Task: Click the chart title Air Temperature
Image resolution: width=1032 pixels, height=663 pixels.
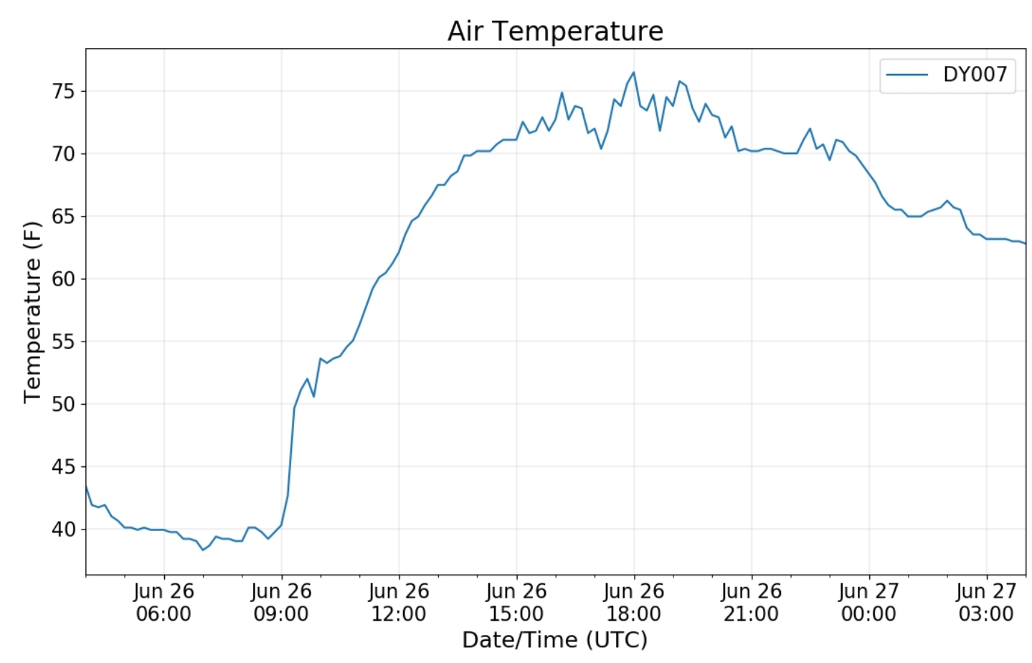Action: tap(555, 31)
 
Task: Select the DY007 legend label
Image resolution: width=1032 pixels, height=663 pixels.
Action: tap(975, 74)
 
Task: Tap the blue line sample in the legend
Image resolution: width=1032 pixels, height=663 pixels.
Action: tap(907, 75)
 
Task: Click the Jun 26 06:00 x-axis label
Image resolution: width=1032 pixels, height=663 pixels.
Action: tap(164, 602)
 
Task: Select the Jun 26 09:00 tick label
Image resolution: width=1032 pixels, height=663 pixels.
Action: tap(281, 602)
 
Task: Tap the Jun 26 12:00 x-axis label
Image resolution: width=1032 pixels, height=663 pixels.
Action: tap(399, 602)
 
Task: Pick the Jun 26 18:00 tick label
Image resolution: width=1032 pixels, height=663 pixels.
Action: tap(634, 602)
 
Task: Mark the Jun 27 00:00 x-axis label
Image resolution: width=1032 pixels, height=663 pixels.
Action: tap(868, 602)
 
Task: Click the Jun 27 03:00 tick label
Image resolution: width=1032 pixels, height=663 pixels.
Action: tap(986, 602)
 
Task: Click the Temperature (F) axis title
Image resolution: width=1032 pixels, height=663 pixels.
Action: tap(32, 312)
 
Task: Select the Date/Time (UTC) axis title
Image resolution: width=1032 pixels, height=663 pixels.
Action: tap(554, 639)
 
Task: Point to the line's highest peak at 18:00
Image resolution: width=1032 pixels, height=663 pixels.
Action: tap(633, 72)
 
